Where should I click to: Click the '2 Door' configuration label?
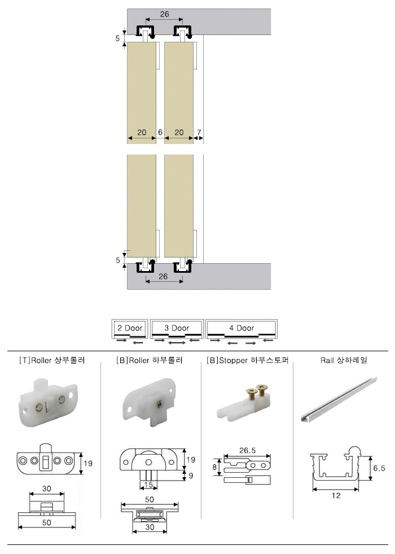(130, 328)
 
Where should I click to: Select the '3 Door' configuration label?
(177, 328)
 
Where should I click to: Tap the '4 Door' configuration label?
(242, 328)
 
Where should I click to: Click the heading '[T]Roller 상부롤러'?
(51, 360)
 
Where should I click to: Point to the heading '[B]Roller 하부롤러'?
(150, 360)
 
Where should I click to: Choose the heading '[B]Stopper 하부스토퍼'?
(248, 360)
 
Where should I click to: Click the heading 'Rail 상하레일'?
(344, 360)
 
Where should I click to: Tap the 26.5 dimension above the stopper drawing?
(247, 451)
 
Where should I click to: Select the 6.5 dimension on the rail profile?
(379, 468)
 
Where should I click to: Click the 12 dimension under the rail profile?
(336, 495)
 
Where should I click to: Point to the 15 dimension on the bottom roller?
(148, 485)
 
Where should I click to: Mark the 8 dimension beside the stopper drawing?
(214, 467)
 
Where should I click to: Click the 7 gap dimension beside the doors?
(199, 133)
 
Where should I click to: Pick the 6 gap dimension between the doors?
(160, 133)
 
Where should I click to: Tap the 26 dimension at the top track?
(165, 14)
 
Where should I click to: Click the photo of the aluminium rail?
(339, 399)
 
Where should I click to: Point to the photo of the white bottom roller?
(149, 402)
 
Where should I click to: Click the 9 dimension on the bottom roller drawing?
(191, 476)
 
